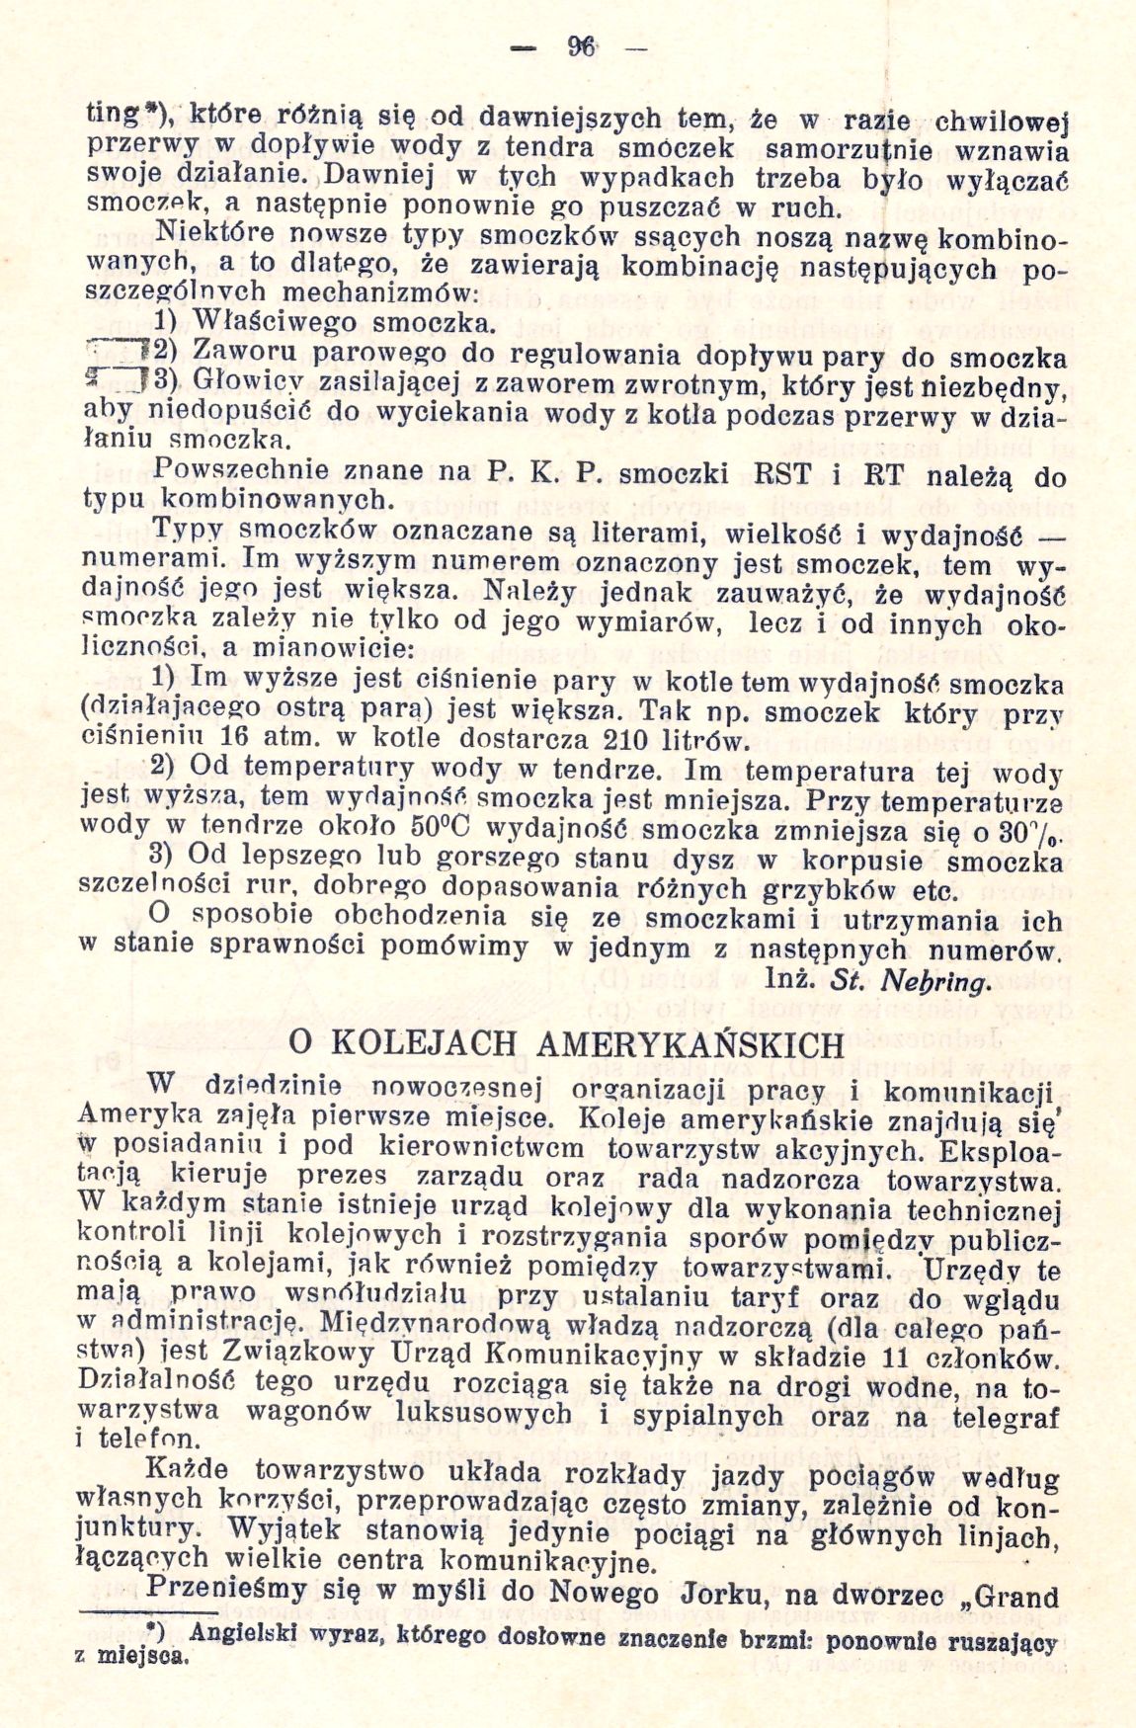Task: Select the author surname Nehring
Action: (939, 983)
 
